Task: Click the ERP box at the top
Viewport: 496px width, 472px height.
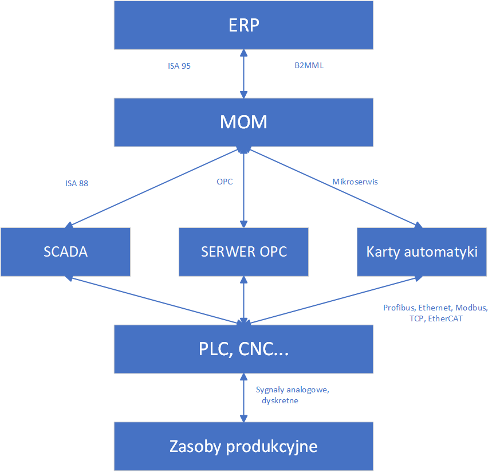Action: pyautogui.click(x=244, y=26)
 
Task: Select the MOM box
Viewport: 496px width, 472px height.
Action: pyautogui.click(x=244, y=122)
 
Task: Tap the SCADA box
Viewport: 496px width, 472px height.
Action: pyautogui.click(x=66, y=252)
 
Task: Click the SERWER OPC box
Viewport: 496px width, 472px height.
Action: pyautogui.click(x=244, y=252)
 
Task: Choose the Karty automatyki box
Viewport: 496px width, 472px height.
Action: pyautogui.click(x=422, y=252)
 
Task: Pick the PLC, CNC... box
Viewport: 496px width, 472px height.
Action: pyautogui.click(x=244, y=349)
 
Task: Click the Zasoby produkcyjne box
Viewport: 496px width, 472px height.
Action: pyautogui.click(x=244, y=446)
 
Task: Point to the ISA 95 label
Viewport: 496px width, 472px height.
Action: pyautogui.click(x=179, y=66)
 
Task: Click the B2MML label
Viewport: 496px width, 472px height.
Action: pyautogui.click(x=309, y=66)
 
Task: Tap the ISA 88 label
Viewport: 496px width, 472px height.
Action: pyautogui.click(x=77, y=184)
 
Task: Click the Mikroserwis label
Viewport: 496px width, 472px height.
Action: pyautogui.click(x=356, y=182)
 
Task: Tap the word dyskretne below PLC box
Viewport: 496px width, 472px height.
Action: pyautogui.click(x=280, y=401)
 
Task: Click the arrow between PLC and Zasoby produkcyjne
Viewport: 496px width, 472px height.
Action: pyautogui.click(x=245, y=397)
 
